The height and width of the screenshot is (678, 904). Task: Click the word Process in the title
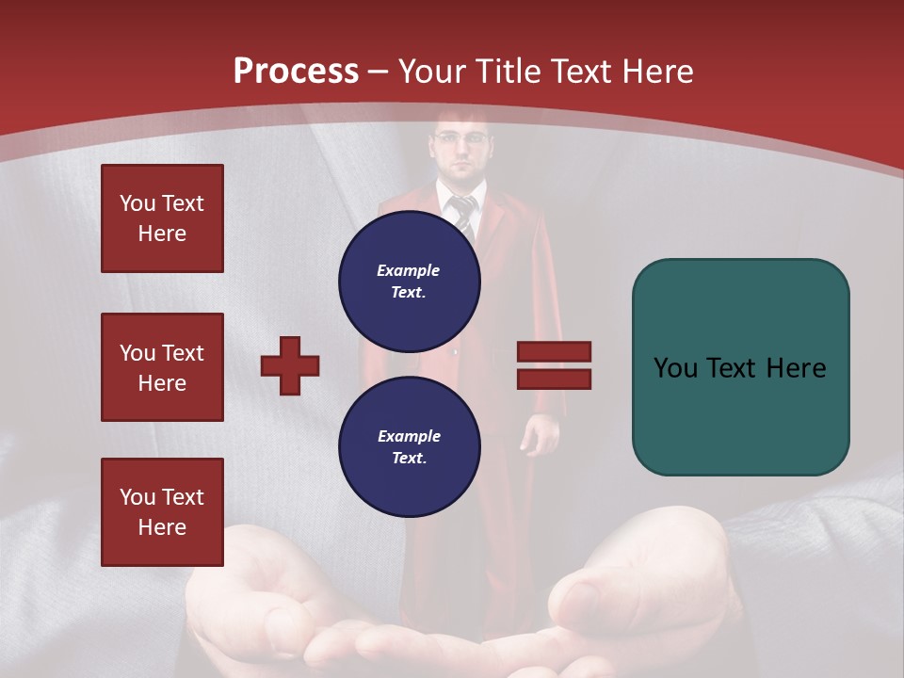[296, 72]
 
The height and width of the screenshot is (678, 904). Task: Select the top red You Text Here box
[162, 218]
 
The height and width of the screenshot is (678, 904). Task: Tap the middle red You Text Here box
[162, 367]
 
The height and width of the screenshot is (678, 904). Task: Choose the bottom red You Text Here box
[162, 512]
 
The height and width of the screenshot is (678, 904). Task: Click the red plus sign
[290, 365]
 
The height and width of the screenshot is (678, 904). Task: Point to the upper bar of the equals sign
[554, 351]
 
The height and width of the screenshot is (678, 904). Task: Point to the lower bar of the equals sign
[554, 379]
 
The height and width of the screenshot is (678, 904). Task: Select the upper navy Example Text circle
[409, 281]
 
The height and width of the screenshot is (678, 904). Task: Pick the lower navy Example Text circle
[409, 446]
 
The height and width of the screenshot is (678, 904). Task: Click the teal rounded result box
[740, 367]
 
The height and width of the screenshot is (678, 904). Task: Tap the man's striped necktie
[463, 214]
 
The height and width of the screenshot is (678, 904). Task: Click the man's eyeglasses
[461, 139]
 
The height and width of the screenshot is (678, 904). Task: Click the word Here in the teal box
[796, 368]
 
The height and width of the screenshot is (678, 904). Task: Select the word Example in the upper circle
[408, 270]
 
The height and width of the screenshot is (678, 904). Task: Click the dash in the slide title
[379, 72]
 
